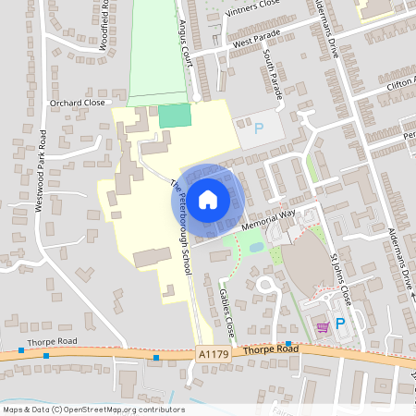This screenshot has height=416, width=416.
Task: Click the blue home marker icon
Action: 208,199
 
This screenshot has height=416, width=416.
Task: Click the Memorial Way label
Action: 267,219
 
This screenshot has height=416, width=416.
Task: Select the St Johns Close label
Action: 339,274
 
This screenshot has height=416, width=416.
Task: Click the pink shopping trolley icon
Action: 322,326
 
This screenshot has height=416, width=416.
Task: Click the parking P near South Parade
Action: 258,128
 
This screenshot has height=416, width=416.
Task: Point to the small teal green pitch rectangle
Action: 174,116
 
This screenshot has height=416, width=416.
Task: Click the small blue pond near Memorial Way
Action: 255,247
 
